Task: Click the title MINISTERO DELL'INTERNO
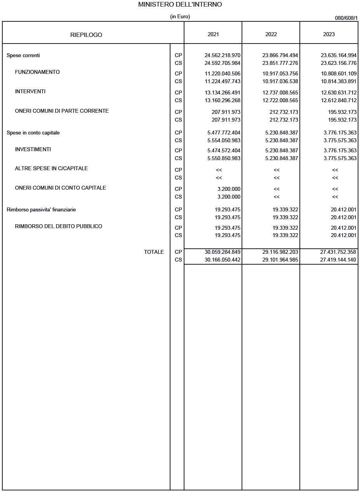pyautogui.click(x=180, y=5)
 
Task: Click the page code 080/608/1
pyautogui.click(x=346, y=18)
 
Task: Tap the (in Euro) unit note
pyautogui.click(x=180, y=17)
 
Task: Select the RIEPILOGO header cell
pyautogui.click(x=86, y=35)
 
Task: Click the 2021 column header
pyautogui.click(x=213, y=34)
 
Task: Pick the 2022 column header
pyautogui.click(x=271, y=34)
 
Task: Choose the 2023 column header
pyautogui.click(x=329, y=34)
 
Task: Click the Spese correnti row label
pyautogui.click(x=23, y=56)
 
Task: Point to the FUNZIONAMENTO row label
pyautogui.click(x=37, y=72)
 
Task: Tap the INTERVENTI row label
pyautogui.click(x=30, y=92)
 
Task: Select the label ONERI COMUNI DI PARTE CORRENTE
pyautogui.click(x=62, y=111)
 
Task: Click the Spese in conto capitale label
pyautogui.click(x=33, y=133)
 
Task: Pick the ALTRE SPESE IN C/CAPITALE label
pyautogui.click(x=51, y=169)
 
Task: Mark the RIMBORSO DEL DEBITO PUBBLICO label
pyautogui.click(x=59, y=227)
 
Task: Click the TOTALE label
pyautogui.click(x=154, y=252)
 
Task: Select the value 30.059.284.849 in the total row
pyautogui.click(x=223, y=252)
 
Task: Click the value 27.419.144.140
pyautogui.click(x=338, y=260)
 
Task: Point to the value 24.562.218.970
pyautogui.click(x=223, y=56)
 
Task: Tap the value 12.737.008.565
pyautogui.click(x=280, y=93)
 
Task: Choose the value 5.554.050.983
pyautogui.click(x=224, y=141)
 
